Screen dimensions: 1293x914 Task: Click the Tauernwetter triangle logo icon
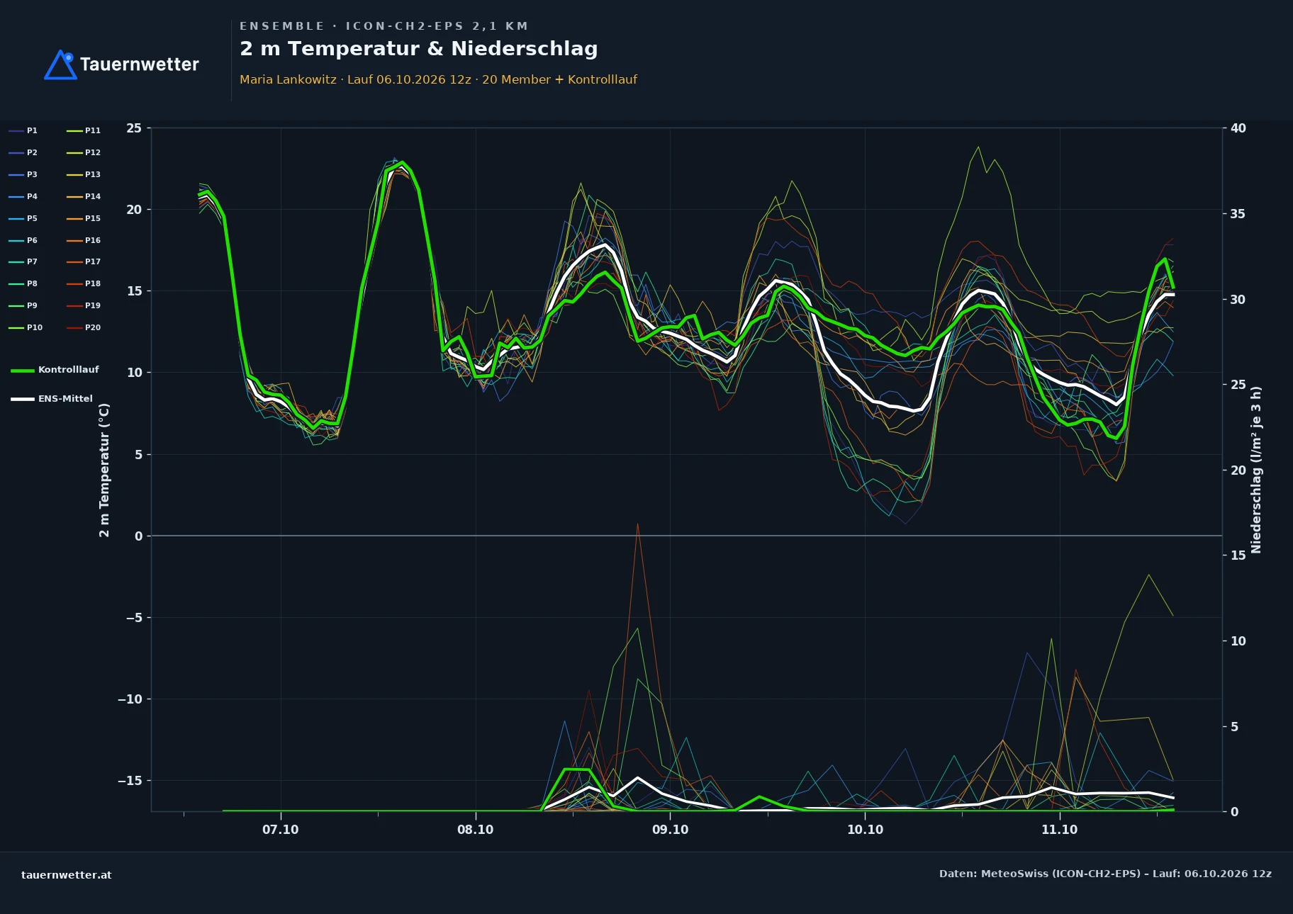click(x=60, y=64)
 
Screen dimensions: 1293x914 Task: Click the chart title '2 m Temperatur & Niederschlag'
click(x=418, y=49)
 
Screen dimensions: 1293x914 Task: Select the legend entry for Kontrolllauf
click(x=55, y=370)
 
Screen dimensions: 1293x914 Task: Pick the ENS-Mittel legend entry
click(x=52, y=399)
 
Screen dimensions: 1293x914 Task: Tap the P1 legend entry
click(x=23, y=130)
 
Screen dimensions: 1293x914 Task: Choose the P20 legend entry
click(x=84, y=327)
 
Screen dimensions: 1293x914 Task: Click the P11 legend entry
click(x=84, y=130)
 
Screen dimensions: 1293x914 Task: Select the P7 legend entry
click(x=23, y=261)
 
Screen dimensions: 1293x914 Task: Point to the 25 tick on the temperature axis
click(x=134, y=128)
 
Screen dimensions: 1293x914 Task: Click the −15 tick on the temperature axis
click(x=130, y=781)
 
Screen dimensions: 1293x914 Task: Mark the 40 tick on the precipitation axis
click(x=1238, y=128)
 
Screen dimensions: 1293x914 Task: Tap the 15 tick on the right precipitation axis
click(x=1238, y=555)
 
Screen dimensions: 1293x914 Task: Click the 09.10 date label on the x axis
click(x=670, y=830)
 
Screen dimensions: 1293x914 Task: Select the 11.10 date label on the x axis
click(x=1059, y=830)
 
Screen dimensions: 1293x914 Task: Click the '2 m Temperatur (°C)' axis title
click(x=104, y=470)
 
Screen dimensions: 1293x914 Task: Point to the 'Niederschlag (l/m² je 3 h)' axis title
click(x=1257, y=470)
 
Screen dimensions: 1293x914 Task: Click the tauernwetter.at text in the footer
click(x=67, y=875)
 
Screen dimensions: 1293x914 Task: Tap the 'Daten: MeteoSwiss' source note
click(x=1105, y=874)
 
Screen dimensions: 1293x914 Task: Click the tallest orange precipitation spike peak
click(x=637, y=524)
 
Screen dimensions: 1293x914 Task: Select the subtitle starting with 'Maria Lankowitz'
click(x=438, y=79)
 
